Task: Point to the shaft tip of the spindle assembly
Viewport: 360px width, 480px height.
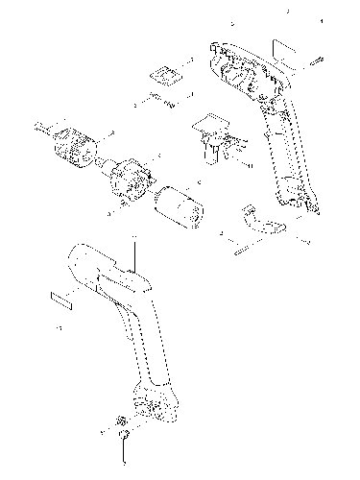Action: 37,124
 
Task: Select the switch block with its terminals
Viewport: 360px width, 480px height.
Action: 213,134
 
